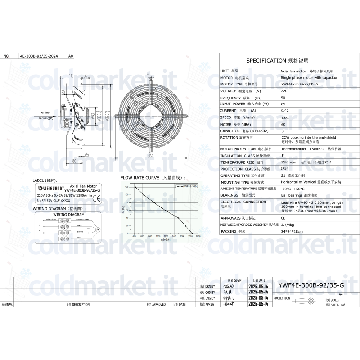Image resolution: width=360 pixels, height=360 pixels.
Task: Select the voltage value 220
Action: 284,91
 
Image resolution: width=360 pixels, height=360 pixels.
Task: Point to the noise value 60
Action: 283,124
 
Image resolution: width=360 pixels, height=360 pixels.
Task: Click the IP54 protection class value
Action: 284,169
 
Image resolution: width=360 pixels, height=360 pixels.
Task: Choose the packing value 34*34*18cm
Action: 292,231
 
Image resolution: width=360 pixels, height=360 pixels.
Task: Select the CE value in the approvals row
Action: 283,218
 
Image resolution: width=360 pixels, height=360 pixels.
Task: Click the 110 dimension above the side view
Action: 72,75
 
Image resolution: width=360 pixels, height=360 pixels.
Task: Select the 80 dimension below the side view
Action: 74,160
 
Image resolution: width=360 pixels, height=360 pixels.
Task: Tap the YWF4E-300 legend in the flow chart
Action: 187,186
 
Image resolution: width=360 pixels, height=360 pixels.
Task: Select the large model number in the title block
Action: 311,285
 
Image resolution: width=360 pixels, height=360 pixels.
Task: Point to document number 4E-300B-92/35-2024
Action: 39,56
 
